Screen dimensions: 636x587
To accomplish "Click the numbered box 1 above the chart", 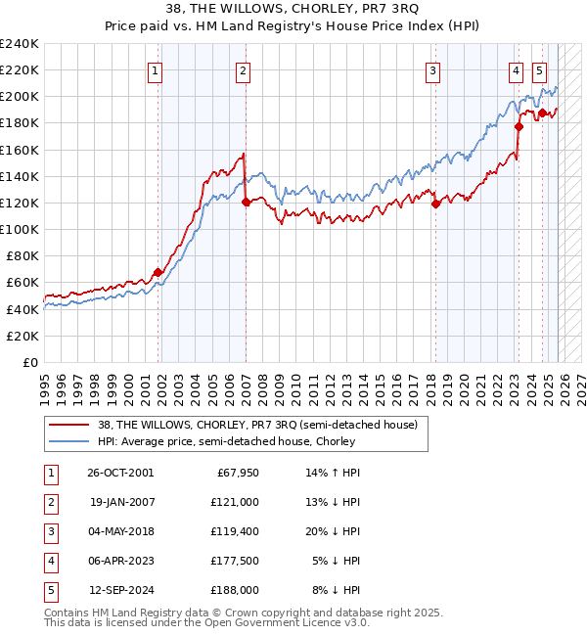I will point(157,70).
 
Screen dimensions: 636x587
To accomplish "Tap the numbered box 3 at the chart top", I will point(431,70).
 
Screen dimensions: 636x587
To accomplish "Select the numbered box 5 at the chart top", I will point(539,70).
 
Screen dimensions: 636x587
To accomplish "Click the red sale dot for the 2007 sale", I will point(246,202).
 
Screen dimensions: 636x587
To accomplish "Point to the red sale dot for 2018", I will point(435,204).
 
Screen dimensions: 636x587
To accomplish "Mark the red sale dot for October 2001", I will point(158,272).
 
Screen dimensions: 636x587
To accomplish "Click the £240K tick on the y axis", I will point(20,44).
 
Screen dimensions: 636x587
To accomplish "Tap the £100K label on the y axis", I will point(20,229).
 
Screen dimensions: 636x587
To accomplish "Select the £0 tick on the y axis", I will point(29,362).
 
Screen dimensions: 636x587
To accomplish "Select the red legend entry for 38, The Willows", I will point(257,425).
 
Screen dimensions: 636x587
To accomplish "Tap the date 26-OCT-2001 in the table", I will point(120,473).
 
